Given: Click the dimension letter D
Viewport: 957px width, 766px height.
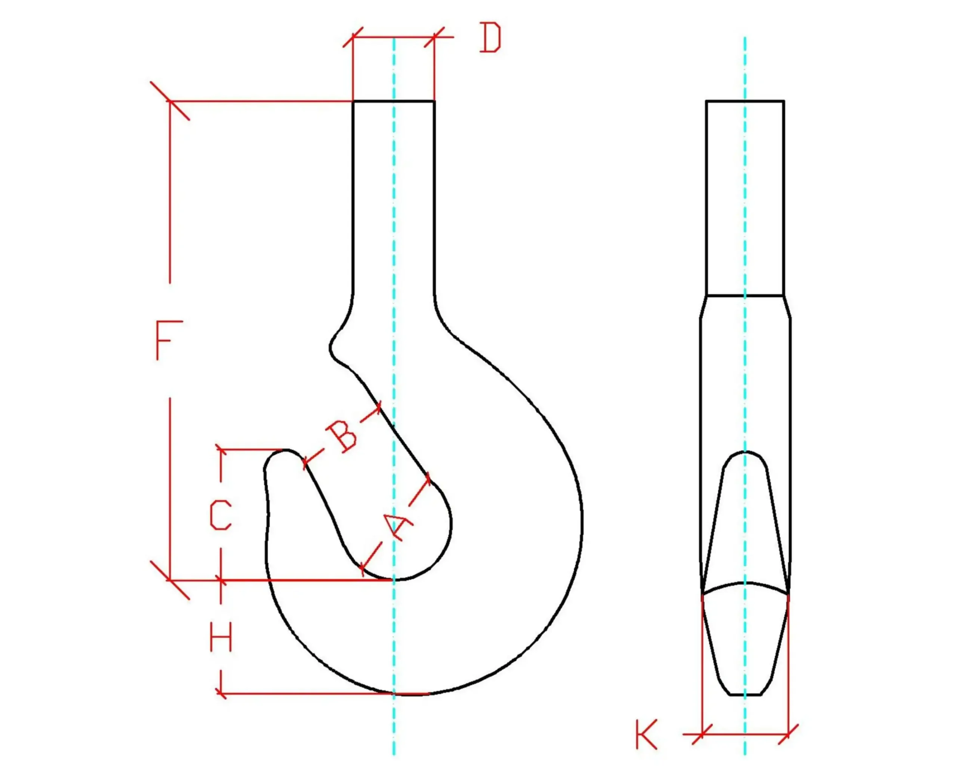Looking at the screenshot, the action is [x=490, y=38].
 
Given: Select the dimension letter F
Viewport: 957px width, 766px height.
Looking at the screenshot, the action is [x=169, y=341].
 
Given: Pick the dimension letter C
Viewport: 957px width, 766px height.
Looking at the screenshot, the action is [x=221, y=515].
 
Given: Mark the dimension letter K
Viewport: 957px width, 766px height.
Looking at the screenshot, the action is [x=646, y=735].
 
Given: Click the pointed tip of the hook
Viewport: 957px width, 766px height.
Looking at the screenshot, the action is [x=284, y=451].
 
